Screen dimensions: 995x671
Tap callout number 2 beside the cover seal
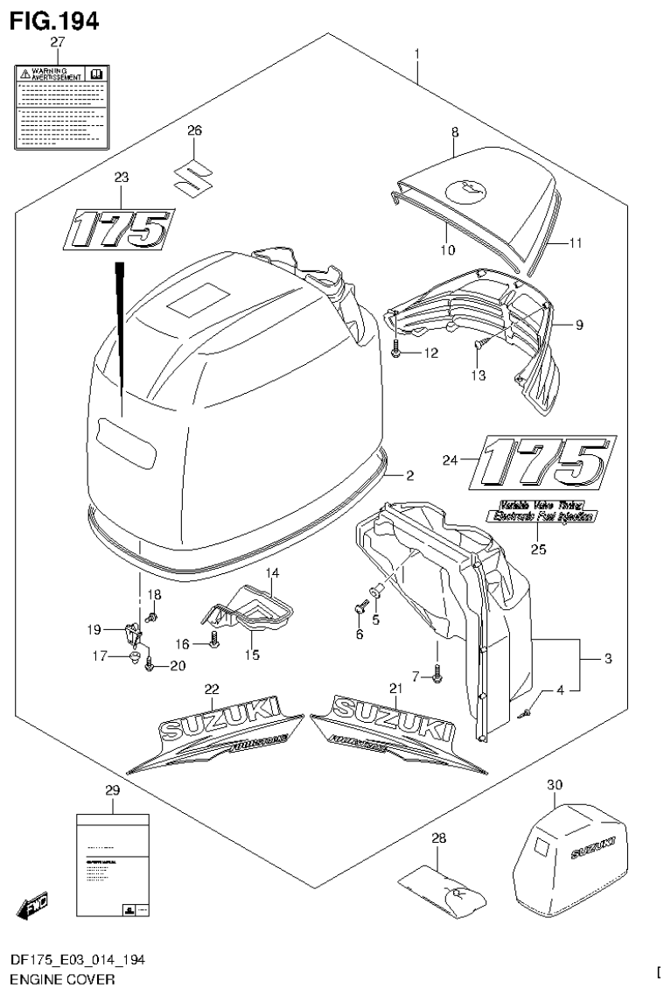(408, 475)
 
